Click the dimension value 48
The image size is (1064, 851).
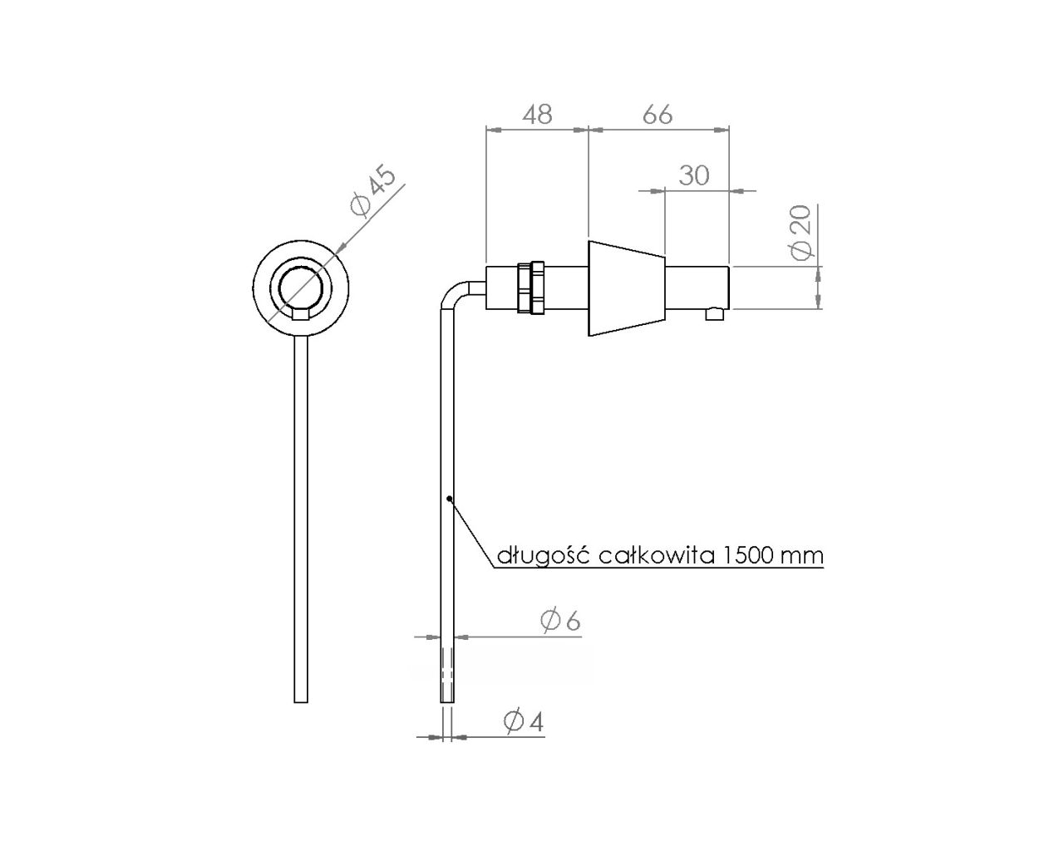(x=538, y=115)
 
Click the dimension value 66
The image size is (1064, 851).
(x=658, y=115)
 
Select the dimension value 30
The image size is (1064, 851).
(x=694, y=175)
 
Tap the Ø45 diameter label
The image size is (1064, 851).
(x=372, y=193)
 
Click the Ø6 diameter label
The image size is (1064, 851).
(x=560, y=621)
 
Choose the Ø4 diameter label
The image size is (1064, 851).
(x=524, y=721)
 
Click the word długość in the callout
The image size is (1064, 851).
(x=544, y=555)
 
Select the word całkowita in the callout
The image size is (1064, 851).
(x=657, y=555)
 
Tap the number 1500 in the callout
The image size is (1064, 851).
(x=746, y=555)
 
